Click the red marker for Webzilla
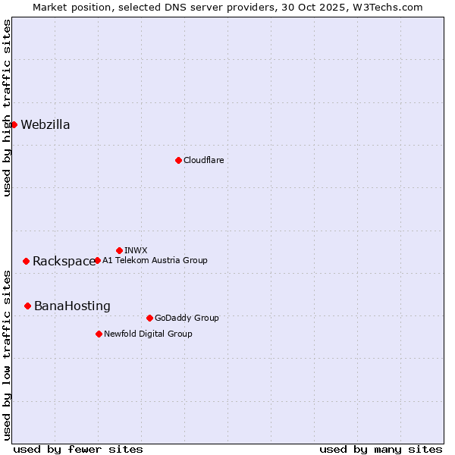(x=14, y=124)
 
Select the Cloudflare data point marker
(x=178, y=160)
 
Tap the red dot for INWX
(x=119, y=250)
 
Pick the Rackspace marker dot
(x=26, y=261)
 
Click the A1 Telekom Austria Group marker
(x=97, y=260)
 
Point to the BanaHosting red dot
(x=27, y=306)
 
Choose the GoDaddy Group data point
(x=149, y=318)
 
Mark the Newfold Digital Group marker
(x=99, y=334)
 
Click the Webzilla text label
(x=45, y=125)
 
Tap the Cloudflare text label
(x=203, y=160)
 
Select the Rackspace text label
(x=64, y=262)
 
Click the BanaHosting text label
(x=72, y=306)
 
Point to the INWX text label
(x=136, y=250)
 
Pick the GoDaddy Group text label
(x=187, y=318)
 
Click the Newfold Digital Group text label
(x=148, y=334)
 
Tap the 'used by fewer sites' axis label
(x=78, y=449)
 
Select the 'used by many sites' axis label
(x=381, y=449)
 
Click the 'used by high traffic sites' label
(x=7, y=108)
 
